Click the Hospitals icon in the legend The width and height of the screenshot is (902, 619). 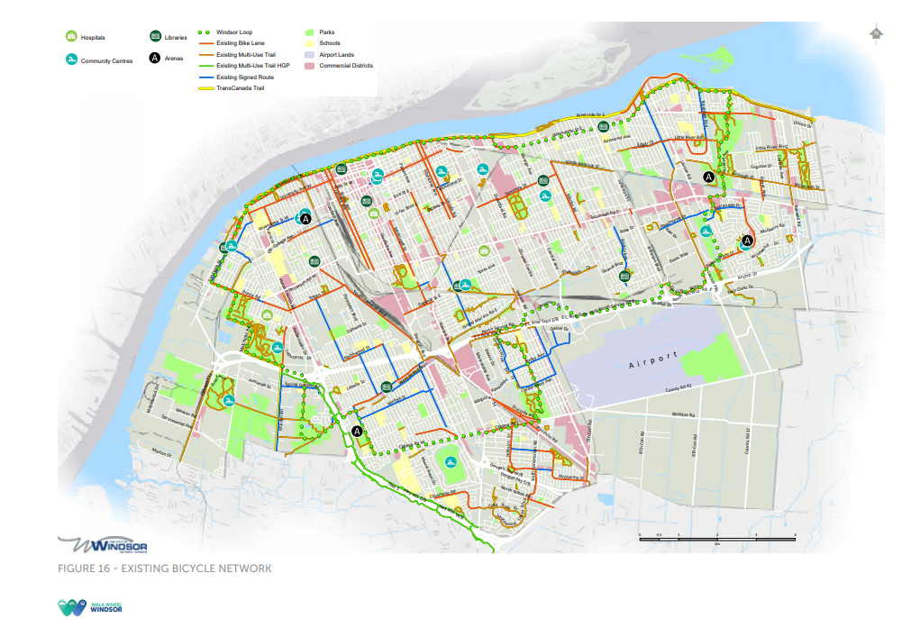(x=71, y=38)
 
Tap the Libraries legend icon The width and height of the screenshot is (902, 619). (x=155, y=37)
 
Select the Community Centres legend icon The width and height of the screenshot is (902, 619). (x=71, y=60)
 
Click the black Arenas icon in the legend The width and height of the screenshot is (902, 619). (x=155, y=59)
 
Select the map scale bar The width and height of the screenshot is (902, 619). (x=716, y=537)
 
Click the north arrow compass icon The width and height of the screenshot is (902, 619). (x=874, y=34)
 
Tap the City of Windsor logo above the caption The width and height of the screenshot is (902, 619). (x=104, y=545)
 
